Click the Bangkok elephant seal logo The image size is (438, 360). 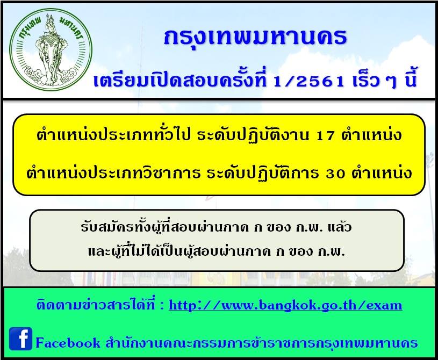(51, 51)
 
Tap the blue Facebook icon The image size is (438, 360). (20, 339)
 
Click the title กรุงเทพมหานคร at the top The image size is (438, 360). (255, 37)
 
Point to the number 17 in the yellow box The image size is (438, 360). (326, 136)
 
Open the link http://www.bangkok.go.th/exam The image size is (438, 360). (285, 305)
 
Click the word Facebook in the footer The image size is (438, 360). (68, 343)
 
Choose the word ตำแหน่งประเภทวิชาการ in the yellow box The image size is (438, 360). (113, 172)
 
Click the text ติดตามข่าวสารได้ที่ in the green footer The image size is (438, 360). (96, 304)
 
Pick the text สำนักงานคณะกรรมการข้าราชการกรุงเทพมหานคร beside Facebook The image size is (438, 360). (262, 343)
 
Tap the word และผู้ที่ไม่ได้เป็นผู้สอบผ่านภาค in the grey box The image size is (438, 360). (179, 250)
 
